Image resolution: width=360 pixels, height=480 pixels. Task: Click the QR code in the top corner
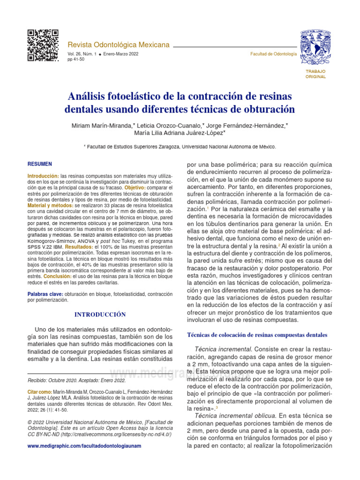[x=43, y=45]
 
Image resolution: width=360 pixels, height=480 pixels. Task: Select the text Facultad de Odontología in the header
[x=273, y=54]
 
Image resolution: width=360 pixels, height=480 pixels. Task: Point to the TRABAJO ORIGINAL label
[x=315, y=74]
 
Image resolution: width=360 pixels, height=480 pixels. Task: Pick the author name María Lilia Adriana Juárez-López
[x=179, y=133]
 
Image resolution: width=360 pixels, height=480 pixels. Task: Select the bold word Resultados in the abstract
[x=79, y=247]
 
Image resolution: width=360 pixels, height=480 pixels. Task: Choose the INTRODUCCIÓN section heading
[x=100, y=314]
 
